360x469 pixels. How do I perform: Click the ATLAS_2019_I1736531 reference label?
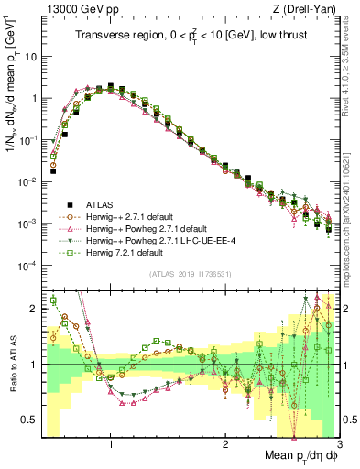pyautogui.click(x=190, y=273)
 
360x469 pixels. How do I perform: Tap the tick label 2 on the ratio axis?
pyautogui.click(x=34, y=309)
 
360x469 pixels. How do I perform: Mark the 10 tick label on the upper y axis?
pyautogui.click(x=30, y=56)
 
